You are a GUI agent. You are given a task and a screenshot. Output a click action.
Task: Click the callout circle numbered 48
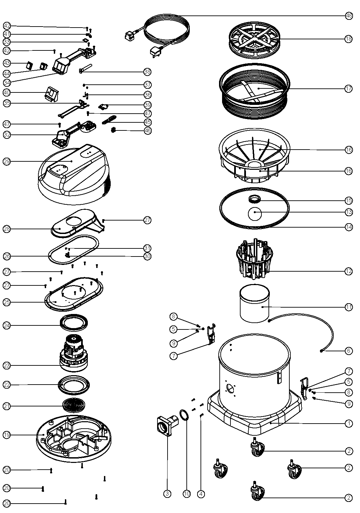click(x=349, y=16)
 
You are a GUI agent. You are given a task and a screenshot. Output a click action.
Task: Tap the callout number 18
click(x=349, y=39)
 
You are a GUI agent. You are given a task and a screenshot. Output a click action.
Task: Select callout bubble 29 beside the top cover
click(x=7, y=161)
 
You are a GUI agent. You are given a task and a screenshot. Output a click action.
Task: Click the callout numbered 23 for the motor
click(x=7, y=365)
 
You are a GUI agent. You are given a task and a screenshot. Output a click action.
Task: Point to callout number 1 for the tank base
click(x=349, y=424)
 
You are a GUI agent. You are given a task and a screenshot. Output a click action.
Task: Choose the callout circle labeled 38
click(x=147, y=72)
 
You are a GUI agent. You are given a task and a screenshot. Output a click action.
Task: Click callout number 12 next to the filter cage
click(x=349, y=271)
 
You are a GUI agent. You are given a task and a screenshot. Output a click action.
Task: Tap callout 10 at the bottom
click(x=187, y=494)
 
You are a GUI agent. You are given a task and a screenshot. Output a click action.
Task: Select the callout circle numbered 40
click(x=7, y=92)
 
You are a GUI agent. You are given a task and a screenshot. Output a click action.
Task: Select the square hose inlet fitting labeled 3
click(x=168, y=426)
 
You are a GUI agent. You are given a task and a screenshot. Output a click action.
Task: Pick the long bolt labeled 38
click(x=86, y=68)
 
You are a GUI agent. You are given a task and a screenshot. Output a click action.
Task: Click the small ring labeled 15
click(x=255, y=199)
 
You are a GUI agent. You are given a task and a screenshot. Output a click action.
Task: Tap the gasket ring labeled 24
click(x=74, y=323)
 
